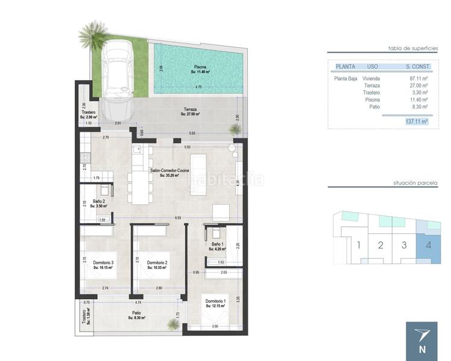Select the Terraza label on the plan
coord(191,111)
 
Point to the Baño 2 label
coord(98,203)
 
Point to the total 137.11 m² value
coord(416,121)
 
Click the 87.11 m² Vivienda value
coord(418,78)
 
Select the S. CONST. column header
coord(416,66)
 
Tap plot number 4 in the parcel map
coord(428,245)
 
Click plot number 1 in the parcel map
coord(358,245)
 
